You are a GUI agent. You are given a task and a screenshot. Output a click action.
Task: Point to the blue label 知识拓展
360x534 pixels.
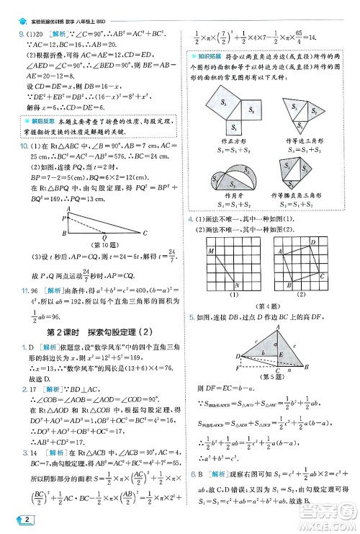coord(210,56)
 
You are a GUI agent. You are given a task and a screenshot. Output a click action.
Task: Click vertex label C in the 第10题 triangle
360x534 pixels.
coord(145,232)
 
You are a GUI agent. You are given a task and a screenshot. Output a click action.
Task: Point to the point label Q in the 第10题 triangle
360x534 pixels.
coord(106,236)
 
